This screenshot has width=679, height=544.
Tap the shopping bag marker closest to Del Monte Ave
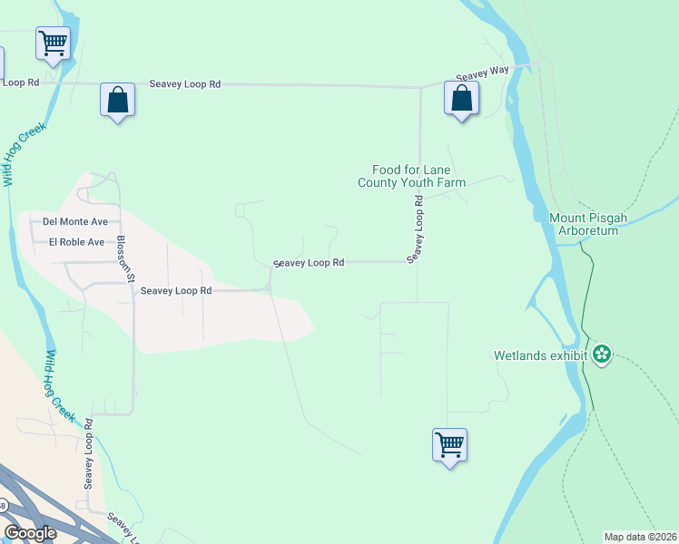pyautogui.click(x=118, y=100)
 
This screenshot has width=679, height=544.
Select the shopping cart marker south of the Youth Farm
pyautogui.click(x=449, y=445)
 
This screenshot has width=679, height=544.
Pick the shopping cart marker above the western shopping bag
pyautogui.click(x=54, y=43)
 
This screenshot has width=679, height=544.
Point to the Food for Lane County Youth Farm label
pyautogui.click(x=410, y=176)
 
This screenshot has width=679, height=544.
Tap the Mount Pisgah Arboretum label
pyautogui.click(x=583, y=224)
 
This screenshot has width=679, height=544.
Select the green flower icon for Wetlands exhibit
pyautogui.click(x=601, y=355)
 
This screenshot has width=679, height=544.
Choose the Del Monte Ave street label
pyautogui.click(x=75, y=221)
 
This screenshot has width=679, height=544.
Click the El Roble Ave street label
pyautogui.click(x=77, y=242)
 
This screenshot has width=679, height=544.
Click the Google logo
pyautogui.click(x=30, y=533)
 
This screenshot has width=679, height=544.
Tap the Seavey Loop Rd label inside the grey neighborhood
pyautogui.click(x=176, y=291)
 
